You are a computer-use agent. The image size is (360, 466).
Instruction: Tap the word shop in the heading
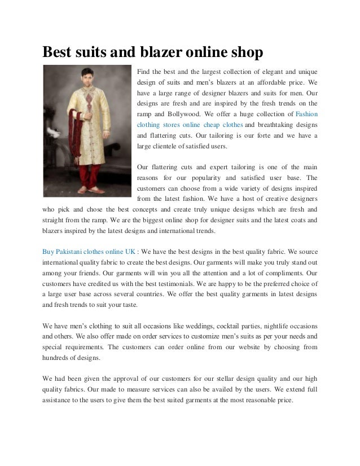pyautogui.click(x=247, y=52)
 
